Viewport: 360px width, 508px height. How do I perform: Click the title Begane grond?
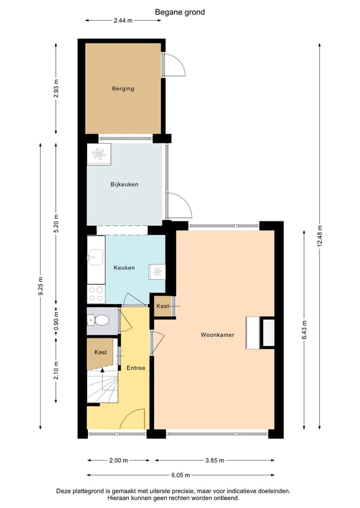[179, 12]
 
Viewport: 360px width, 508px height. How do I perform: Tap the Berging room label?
[123, 88]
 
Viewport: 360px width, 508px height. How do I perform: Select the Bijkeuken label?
[124, 184]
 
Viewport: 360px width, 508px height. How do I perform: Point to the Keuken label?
[124, 268]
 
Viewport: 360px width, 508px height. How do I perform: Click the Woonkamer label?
[217, 335]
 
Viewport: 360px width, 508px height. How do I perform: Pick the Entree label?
[136, 368]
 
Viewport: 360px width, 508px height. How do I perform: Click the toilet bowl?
[102, 320]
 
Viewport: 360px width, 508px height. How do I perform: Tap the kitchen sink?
[95, 257]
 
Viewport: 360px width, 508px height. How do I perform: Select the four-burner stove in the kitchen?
[96, 294]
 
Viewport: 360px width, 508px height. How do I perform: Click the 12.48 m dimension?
[319, 236]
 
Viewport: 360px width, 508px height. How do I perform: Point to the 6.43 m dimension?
[304, 330]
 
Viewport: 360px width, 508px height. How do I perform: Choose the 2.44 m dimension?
[123, 20]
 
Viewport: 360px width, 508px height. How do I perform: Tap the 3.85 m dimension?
[214, 460]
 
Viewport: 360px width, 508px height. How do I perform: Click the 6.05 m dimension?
[180, 475]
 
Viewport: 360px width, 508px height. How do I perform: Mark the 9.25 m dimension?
[40, 286]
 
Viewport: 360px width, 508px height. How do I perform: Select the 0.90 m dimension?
[56, 321]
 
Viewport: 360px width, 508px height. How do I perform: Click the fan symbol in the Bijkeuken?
[98, 154]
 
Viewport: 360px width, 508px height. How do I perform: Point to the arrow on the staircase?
[102, 380]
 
